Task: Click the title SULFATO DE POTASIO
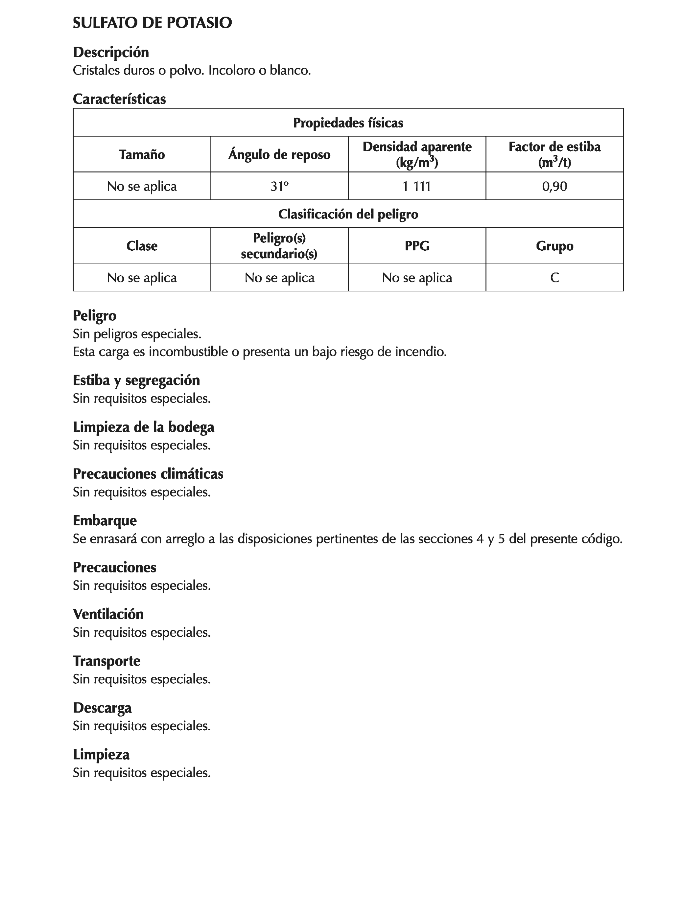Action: coord(152,23)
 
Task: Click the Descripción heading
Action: coord(110,52)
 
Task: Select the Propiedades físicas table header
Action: coord(348,123)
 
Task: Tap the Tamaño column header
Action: coord(142,155)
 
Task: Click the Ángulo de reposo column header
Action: coord(279,155)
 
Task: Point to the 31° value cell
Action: coord(279,186)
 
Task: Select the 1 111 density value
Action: coord(417,186)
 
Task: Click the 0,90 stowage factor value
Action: coord(554,186)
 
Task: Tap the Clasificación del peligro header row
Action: coord(348,214)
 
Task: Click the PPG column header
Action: coord(417,246)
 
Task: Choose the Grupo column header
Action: coord(554,246)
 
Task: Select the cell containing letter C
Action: coord(554,278)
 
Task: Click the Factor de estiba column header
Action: coord(554,155)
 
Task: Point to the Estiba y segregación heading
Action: coord(136,380)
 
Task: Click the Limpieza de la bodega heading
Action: coord(143,427)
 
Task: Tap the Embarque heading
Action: coord(105,521)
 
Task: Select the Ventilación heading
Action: coord(108,614)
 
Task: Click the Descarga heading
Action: coord(102,708)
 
